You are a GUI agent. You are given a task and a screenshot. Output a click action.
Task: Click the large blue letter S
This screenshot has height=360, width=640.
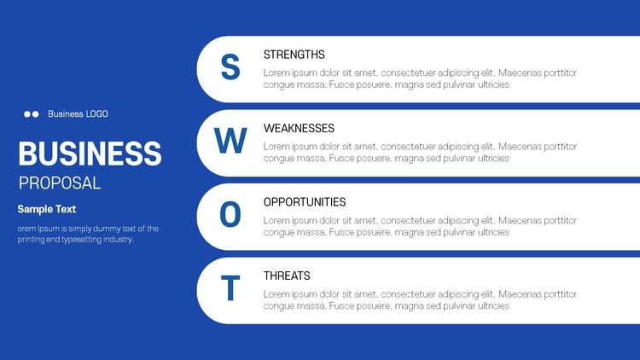pos(230,67)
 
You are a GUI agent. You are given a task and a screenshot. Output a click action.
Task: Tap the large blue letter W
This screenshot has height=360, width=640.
pos(230,141)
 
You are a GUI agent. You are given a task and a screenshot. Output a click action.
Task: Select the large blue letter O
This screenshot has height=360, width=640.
pos(230,214)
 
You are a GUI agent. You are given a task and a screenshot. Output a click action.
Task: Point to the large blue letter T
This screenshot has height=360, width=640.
pos(230,287)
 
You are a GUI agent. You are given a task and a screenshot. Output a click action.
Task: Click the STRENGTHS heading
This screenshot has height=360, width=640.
pos(294,55)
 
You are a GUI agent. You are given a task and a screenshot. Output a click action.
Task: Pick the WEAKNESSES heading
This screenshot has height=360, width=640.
pos(299,128)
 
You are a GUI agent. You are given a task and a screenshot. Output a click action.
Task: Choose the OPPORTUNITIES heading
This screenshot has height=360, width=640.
pos(305,202)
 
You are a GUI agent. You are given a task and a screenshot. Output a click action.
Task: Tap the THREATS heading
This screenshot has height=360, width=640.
pos(287,276)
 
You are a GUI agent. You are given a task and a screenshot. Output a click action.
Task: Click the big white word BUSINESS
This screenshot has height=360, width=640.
pos(90,154)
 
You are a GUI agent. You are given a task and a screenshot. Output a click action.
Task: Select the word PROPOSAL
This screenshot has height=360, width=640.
pos(60,183)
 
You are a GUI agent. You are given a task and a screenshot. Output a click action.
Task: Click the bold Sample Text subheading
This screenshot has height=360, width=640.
pos(47,209)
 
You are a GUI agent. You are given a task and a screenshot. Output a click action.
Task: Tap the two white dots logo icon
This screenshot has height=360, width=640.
pos(32,113)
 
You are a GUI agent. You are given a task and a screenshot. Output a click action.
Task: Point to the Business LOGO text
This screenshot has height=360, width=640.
pos(78,113)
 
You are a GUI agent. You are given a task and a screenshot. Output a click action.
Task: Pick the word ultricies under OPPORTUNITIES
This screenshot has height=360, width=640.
pos(493,232)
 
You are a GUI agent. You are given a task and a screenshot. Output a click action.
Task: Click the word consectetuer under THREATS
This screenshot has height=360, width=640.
pos(407,294)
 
